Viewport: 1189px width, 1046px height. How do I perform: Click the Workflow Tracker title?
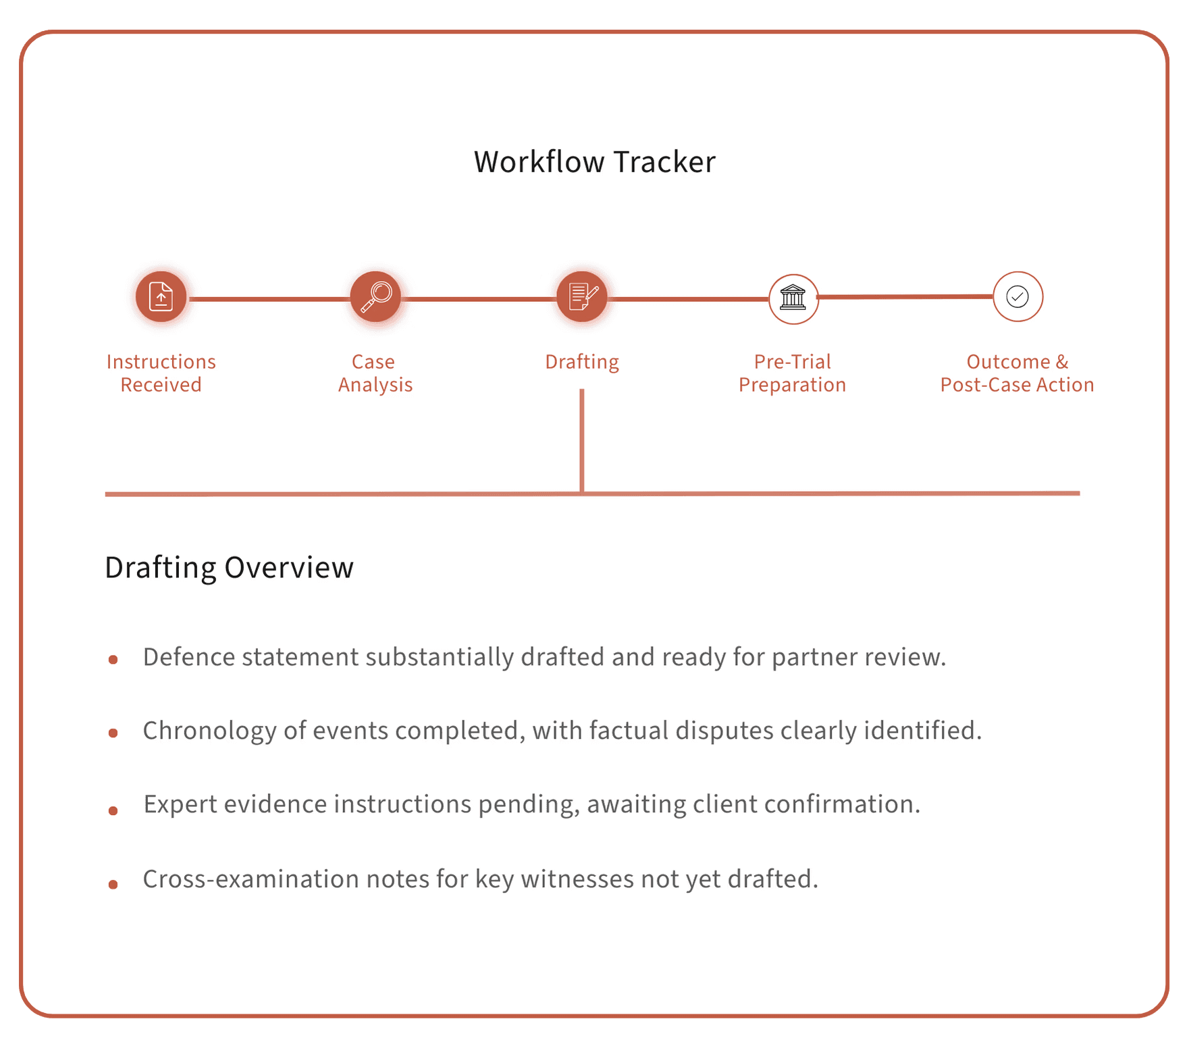pos(594,162)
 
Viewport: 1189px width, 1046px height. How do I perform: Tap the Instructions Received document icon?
pos(161,296)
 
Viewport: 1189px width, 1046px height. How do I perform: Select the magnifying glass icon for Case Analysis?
pos(375,296)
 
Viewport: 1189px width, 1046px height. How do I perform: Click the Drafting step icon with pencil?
pos(582,296)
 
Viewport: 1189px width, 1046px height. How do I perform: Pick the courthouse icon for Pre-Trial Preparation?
pos(793,298)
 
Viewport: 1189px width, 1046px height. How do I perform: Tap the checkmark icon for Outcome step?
pos(1017,296)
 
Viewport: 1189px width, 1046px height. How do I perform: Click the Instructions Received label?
pos(161,373)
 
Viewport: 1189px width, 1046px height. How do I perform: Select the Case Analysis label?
pos(375,373)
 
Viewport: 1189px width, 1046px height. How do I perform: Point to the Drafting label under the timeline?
pos(582,362)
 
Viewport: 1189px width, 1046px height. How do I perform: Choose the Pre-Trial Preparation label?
pos(792,373)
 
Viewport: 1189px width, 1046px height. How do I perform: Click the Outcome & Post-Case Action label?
pos(1017,373)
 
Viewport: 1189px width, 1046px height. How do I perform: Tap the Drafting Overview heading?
pos(229,567)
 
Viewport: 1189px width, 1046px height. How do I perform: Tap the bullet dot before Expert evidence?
pos(113,810)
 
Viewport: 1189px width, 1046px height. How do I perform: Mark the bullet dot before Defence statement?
pos(113,660)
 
